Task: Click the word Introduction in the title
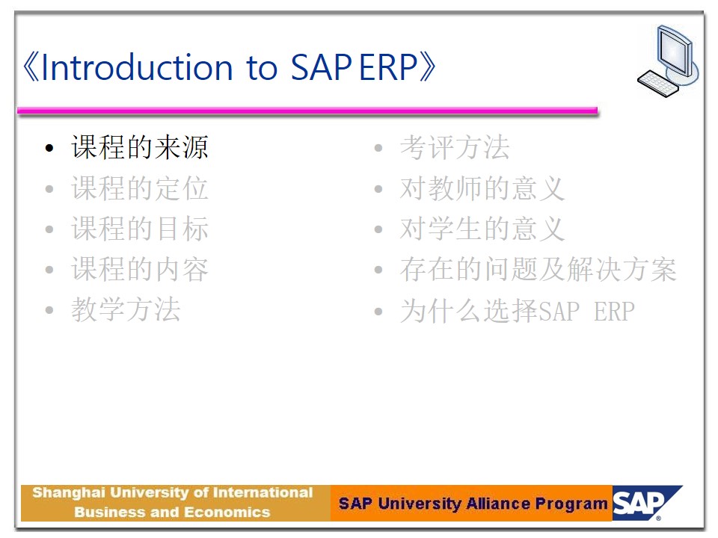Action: pos(137,67)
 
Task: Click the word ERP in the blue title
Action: pos(388,67)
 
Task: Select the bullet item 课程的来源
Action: pos(140,147)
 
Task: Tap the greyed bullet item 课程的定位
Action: pos(140,188)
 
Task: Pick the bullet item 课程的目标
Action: pos(140,229)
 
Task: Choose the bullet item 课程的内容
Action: pos(140,269)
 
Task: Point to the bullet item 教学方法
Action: pos(126,309)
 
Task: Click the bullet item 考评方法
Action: pos(455,147)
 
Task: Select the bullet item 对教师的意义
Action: pos(482,188)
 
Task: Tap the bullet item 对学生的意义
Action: pos(482,229)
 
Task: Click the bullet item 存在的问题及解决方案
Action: pos(538,269)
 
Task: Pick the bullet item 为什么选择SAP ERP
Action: pos(518,311)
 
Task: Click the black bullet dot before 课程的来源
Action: pos(49,148)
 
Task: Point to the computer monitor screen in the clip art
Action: pos(672,52)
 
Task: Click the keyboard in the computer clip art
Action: pos(657,83)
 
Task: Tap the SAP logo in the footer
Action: pos(646,503)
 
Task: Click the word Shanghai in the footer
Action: pos(69,493)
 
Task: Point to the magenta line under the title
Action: pos(307,111)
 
